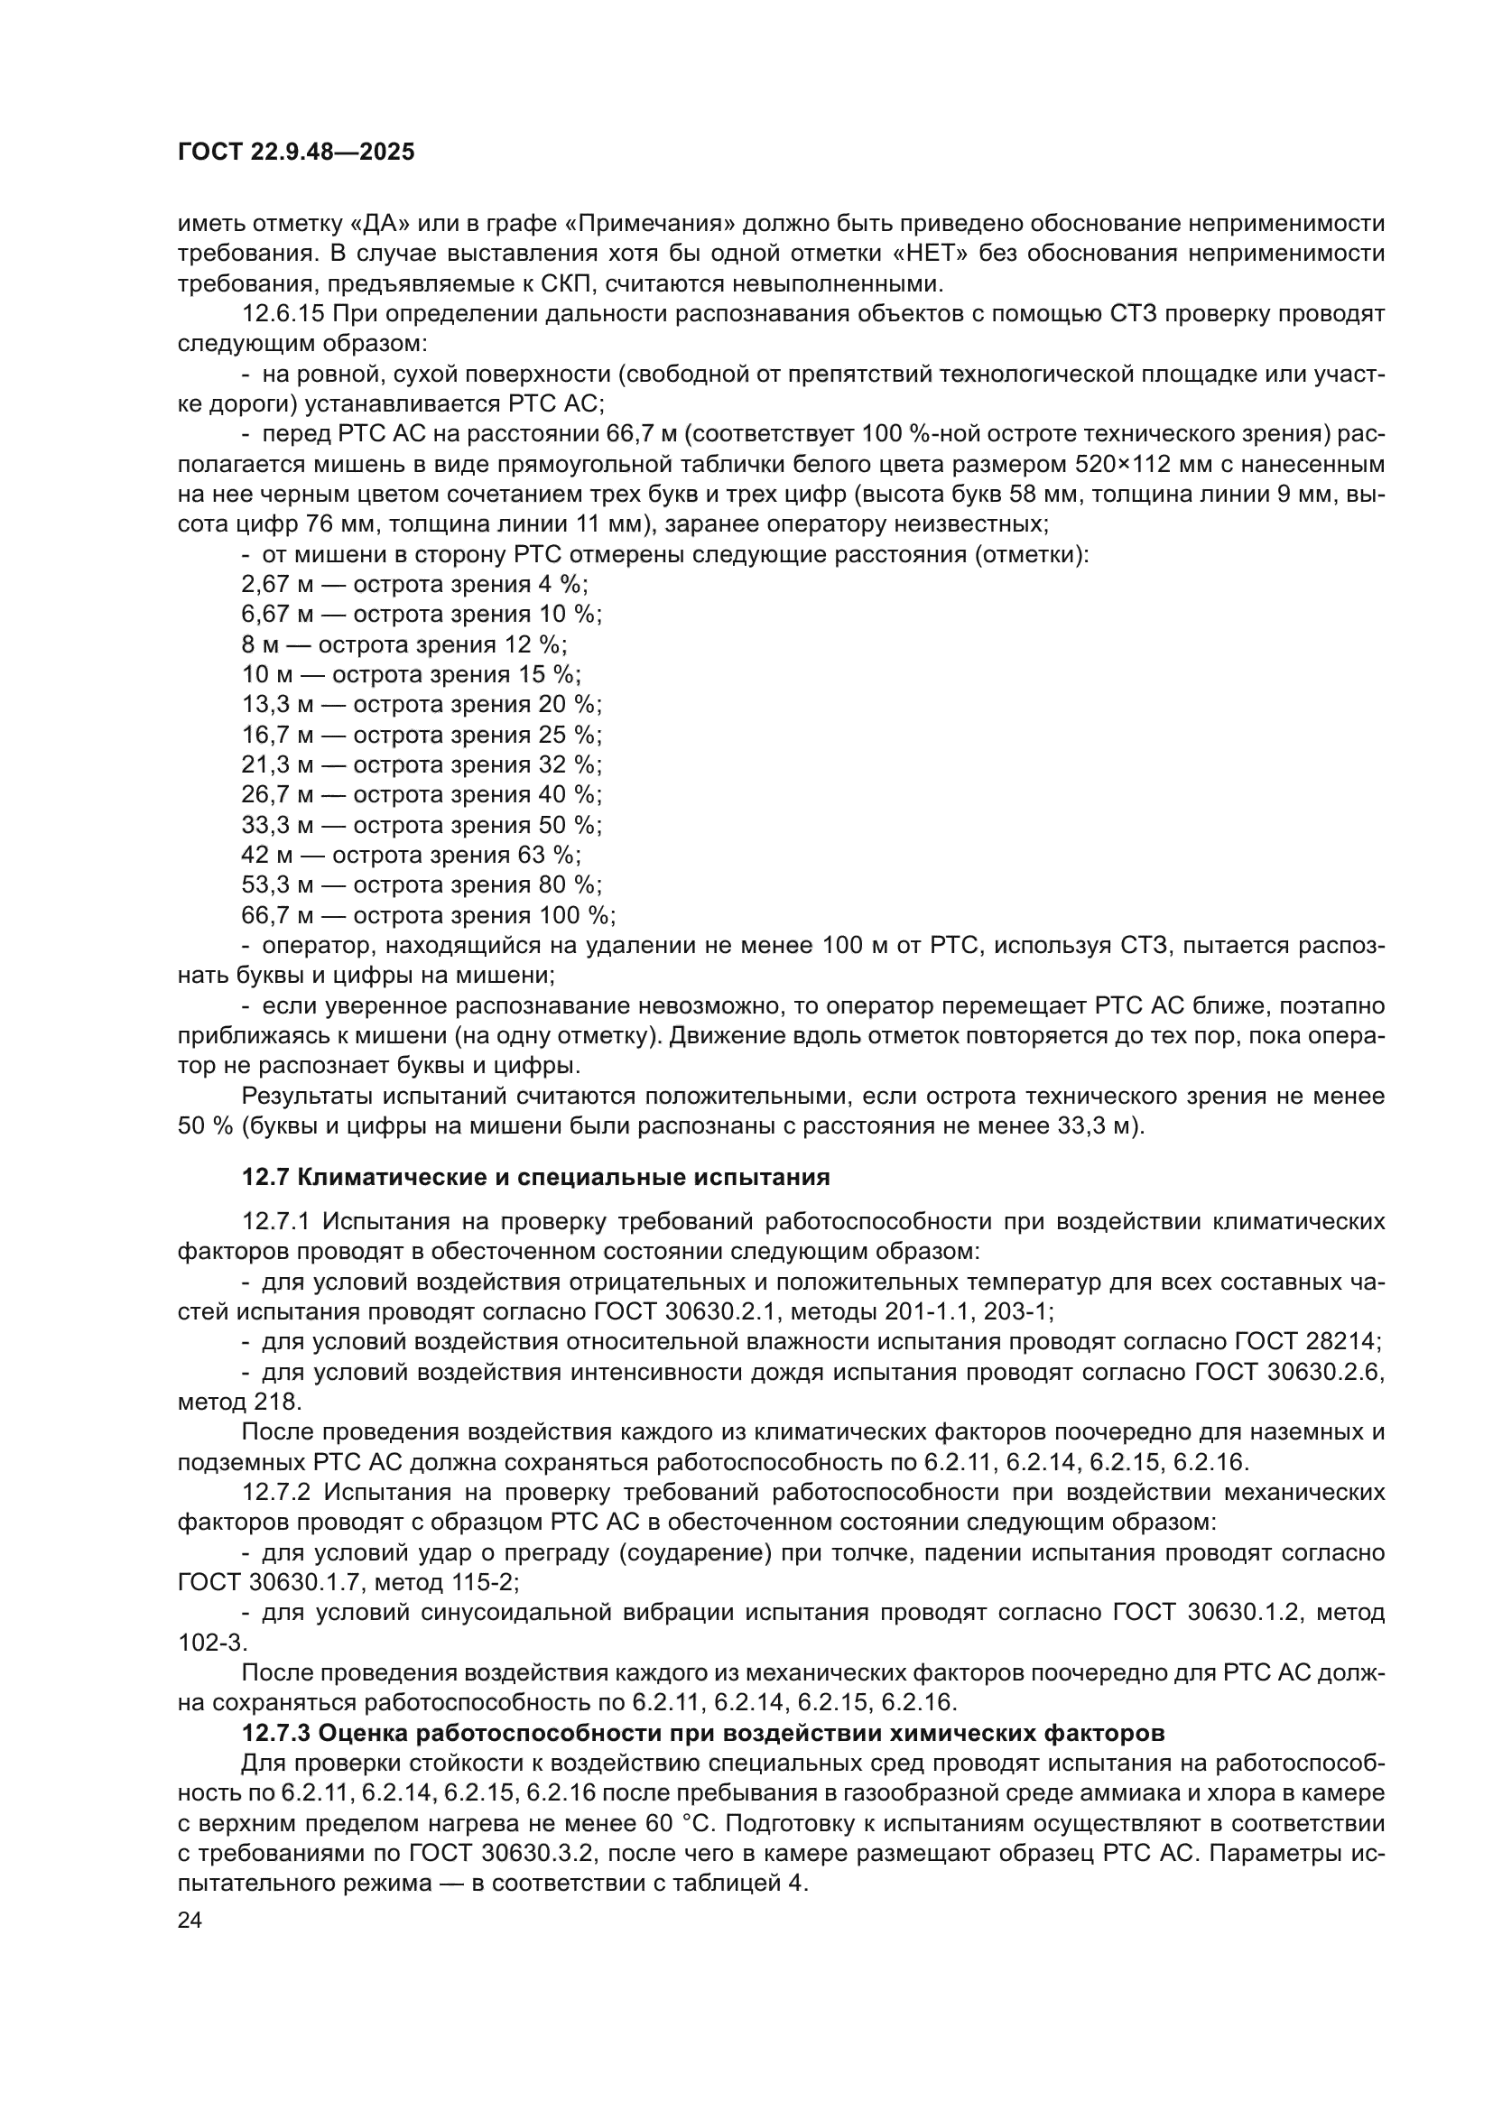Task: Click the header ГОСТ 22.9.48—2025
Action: [x=296, y=152]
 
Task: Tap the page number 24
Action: [x=190, y=1920]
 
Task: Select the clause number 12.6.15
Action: [x=283, y=313]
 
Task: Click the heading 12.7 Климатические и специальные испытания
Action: [x=535, y=1177]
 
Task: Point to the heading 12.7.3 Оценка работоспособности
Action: [x=702, y=1733]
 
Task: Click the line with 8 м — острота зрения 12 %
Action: [x=404, y=644]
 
